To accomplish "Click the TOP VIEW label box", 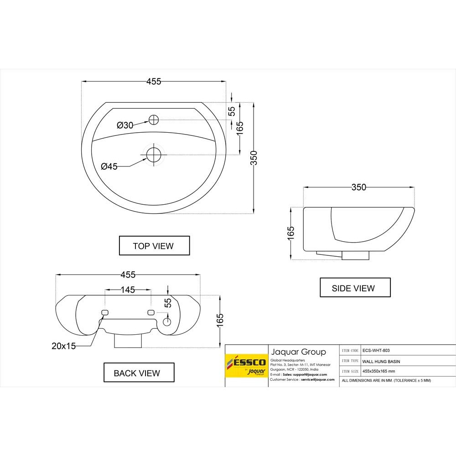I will coord(154,246).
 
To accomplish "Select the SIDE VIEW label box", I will coord(355,288).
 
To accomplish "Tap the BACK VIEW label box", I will coord(139,373).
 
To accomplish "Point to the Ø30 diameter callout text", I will coord(125,125).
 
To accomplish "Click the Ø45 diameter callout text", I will coord(109,167).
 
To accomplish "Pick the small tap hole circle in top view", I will coord(154,120).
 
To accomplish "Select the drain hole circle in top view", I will coord(154,154).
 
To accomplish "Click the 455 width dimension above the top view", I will coord(154,82).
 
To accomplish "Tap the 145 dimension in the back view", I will coord(128,290).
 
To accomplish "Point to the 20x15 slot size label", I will coord(63,346).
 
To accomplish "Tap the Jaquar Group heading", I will coord(299,352).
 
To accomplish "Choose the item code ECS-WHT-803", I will coord(376,351).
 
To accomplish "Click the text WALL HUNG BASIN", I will coord(381,361).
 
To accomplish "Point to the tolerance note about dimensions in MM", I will coord(386,380).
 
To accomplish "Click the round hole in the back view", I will coord(167,321).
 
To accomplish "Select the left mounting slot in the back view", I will coord(104,312).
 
